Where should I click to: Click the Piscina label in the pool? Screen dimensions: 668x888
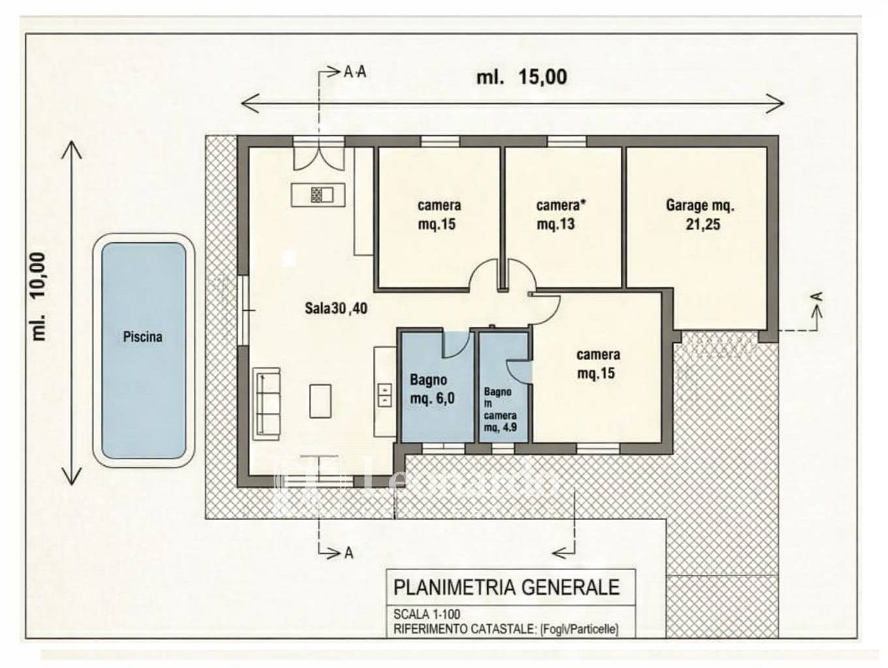(x=142, y=337)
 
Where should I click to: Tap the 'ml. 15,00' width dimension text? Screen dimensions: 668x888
(x=521, y=77)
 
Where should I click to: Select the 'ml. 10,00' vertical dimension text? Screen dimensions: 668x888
(x=39, y=297)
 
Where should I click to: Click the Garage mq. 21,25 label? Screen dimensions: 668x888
(x=701, y=215)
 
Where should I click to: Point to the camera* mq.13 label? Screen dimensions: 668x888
(x=561, y=215)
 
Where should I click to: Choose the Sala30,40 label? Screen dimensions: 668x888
(x=336, y=309)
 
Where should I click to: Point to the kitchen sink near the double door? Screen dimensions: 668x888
(x=317, y=194)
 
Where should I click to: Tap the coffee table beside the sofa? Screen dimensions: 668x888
(x=319, y=401)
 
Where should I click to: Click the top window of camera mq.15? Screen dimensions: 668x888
(x=439, y=141)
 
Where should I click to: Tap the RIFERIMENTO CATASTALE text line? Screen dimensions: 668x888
(x=505, y=630)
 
